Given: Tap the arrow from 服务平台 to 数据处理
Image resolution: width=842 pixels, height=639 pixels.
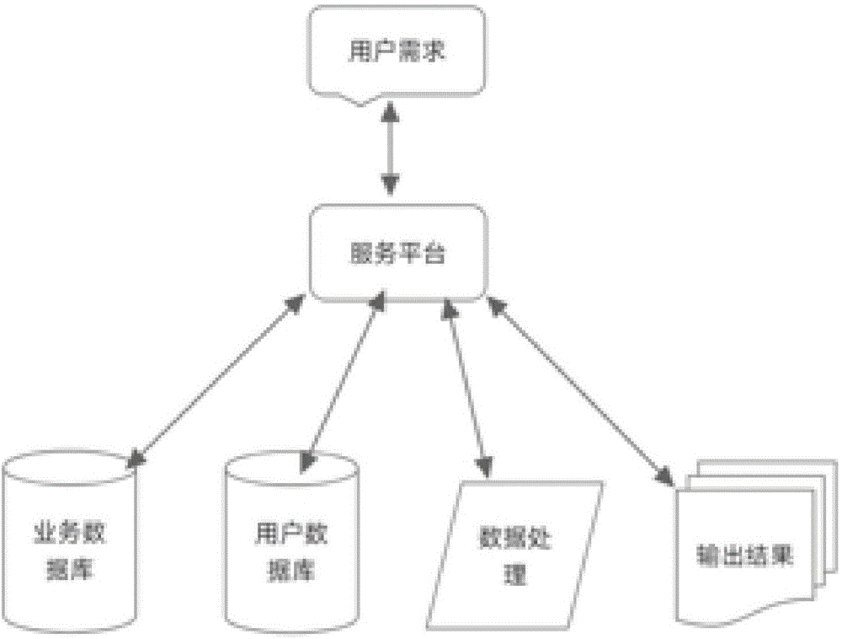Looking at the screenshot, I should pos(466,388).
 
